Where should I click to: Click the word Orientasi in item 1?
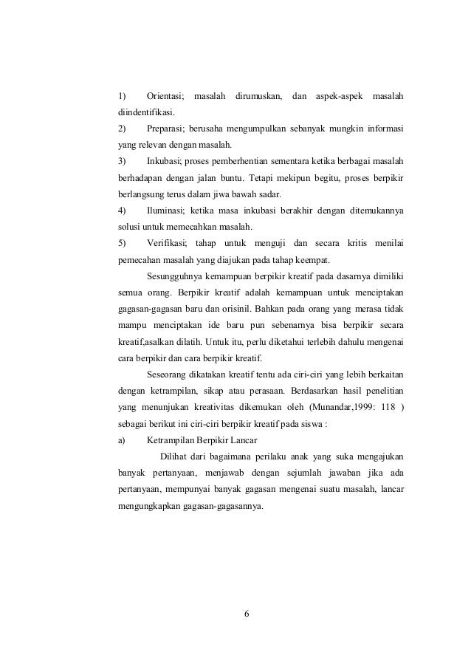coord(165,96)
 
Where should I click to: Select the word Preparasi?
coord(167,129)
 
